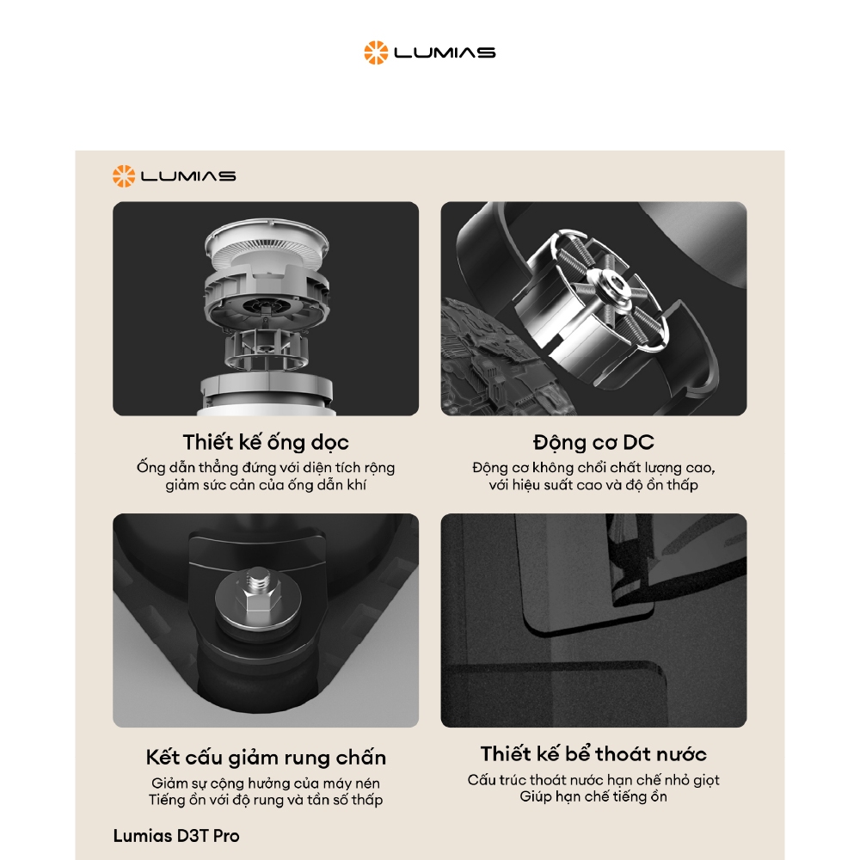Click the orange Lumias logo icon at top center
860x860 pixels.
pyautogui.click(x=376, y=52)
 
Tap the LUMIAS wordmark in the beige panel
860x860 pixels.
pyautogui.click(x=188, y=176)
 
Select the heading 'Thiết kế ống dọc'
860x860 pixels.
pyautogui.click(x=266, y=442)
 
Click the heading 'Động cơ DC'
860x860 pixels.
pyautogui.click(x=593, y=442)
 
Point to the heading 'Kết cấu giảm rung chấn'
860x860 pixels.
pyautogui.click(x=266, y=758)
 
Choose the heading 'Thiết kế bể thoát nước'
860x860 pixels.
pyautogui.click(x=593, y=753)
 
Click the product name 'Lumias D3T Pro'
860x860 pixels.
pyautogui.click(x=176, y=836)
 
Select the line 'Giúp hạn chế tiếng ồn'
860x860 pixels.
pyautogui.click(x=593, y=796)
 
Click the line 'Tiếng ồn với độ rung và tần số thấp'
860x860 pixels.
pyautogui.click(x=266, y=800)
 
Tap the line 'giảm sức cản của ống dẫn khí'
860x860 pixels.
pyautogui.click(x=266, y=485)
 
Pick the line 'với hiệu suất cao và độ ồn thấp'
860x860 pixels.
pyautogui.click(x=593, y=485)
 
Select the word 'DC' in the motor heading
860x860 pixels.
pyautogui.click(x=638, y=442)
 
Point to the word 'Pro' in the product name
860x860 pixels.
pyautogui.click(x=226, y=836)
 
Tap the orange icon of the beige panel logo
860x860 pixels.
pyautogui.click(x=123, y=176)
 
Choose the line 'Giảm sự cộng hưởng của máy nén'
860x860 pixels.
pyautogui.click(x=266, y=783)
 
